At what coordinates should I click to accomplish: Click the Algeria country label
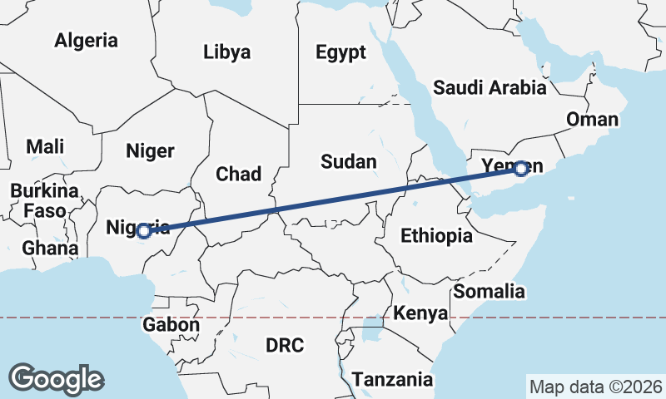[x=87, y=40]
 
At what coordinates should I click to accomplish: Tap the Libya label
[x=226, y=52]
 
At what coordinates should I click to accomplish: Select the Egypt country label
[x=340, y=52]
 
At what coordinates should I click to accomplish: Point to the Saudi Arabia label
[x=490, y=87]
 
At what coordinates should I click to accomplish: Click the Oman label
[x=592, y=119]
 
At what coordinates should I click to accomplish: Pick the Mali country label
[x=45, y=146]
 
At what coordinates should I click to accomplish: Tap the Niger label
[x=150, y=150]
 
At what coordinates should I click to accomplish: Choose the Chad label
[x=238, y=174]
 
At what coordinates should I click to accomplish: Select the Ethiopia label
[x=436, y=236]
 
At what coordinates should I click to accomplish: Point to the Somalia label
[x=489, y=291]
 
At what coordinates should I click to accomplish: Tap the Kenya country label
[x=420, y=313]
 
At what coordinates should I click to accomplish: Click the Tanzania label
[x=393, y=380]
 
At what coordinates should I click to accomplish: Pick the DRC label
[x=285, y=344]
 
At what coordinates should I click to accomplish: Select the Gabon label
[x=171, y=325]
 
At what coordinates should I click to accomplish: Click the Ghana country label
[x=50, y=248]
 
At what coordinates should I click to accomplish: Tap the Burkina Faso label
[x=44, y=200]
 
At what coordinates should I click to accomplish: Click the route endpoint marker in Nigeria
[x=143, y=230]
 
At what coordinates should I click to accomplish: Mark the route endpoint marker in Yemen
[x=521, y=169]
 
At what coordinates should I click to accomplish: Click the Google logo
[x=57, y=378]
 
